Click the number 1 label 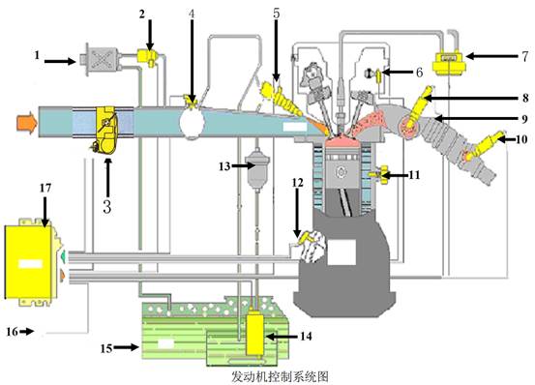37,55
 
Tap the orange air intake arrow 26,123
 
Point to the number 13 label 224,166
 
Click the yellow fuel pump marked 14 254,333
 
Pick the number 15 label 106,348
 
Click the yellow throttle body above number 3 106,132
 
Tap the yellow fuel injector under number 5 281,97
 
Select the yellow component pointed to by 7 449,62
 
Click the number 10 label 521,139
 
